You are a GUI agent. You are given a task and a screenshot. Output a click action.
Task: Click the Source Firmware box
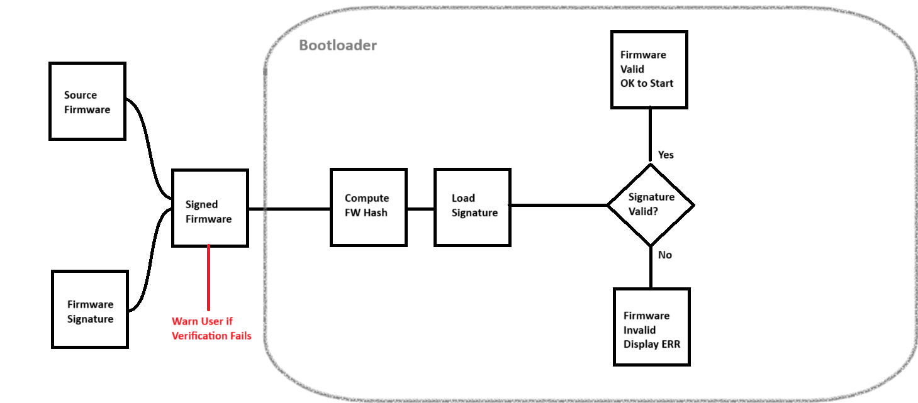pyautogui.click(x=87, y=101)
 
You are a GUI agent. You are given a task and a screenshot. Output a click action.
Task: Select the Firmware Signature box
pyautogui.click(x=90, y=309)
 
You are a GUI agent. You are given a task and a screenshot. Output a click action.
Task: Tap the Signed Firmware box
pyautogui.click(x=210, y=208)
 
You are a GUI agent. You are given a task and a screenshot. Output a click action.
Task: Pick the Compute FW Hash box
pyautogui.click(x=369, y=207)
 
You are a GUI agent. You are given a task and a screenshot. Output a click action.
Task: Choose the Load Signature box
pyautogui.click(x=473, y=207)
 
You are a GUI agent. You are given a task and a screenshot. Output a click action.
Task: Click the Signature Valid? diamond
pyautogui.click(x=651, y=205)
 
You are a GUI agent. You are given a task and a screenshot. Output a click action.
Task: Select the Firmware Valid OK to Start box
pyautogui.click(x=649, y=70)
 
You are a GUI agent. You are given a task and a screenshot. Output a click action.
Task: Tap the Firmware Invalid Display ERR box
pyautogui.click(x=652, y=327)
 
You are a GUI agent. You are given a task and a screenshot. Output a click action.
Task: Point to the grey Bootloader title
pyautogui.click(x=338, y=45)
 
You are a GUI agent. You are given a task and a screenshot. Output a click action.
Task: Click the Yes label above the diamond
pyautogui.click(x=666, y=155)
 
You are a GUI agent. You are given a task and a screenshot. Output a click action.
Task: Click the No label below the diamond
pyautogui.click(x=664, y=255)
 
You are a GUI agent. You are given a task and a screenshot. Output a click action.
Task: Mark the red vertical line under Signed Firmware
pyautogui.click(x=209, y=278)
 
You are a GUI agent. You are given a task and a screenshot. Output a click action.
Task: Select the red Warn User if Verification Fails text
pyautogui.click(x=211, y=328)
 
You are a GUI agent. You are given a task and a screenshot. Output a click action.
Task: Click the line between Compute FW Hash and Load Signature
pyautogui.click(x=420, y=209)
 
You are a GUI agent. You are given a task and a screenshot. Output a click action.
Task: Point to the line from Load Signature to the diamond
pyautogui.click(x=559, y=205)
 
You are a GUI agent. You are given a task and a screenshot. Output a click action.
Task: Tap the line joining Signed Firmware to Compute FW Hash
pyautogui.click(x=289, y=209)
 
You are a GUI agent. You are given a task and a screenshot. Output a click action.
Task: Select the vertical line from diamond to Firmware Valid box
pyautogui.click(x=650, y=135)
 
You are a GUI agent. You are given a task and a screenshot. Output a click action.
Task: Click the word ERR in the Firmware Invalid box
pyautogui.click(x=671, y=344)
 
